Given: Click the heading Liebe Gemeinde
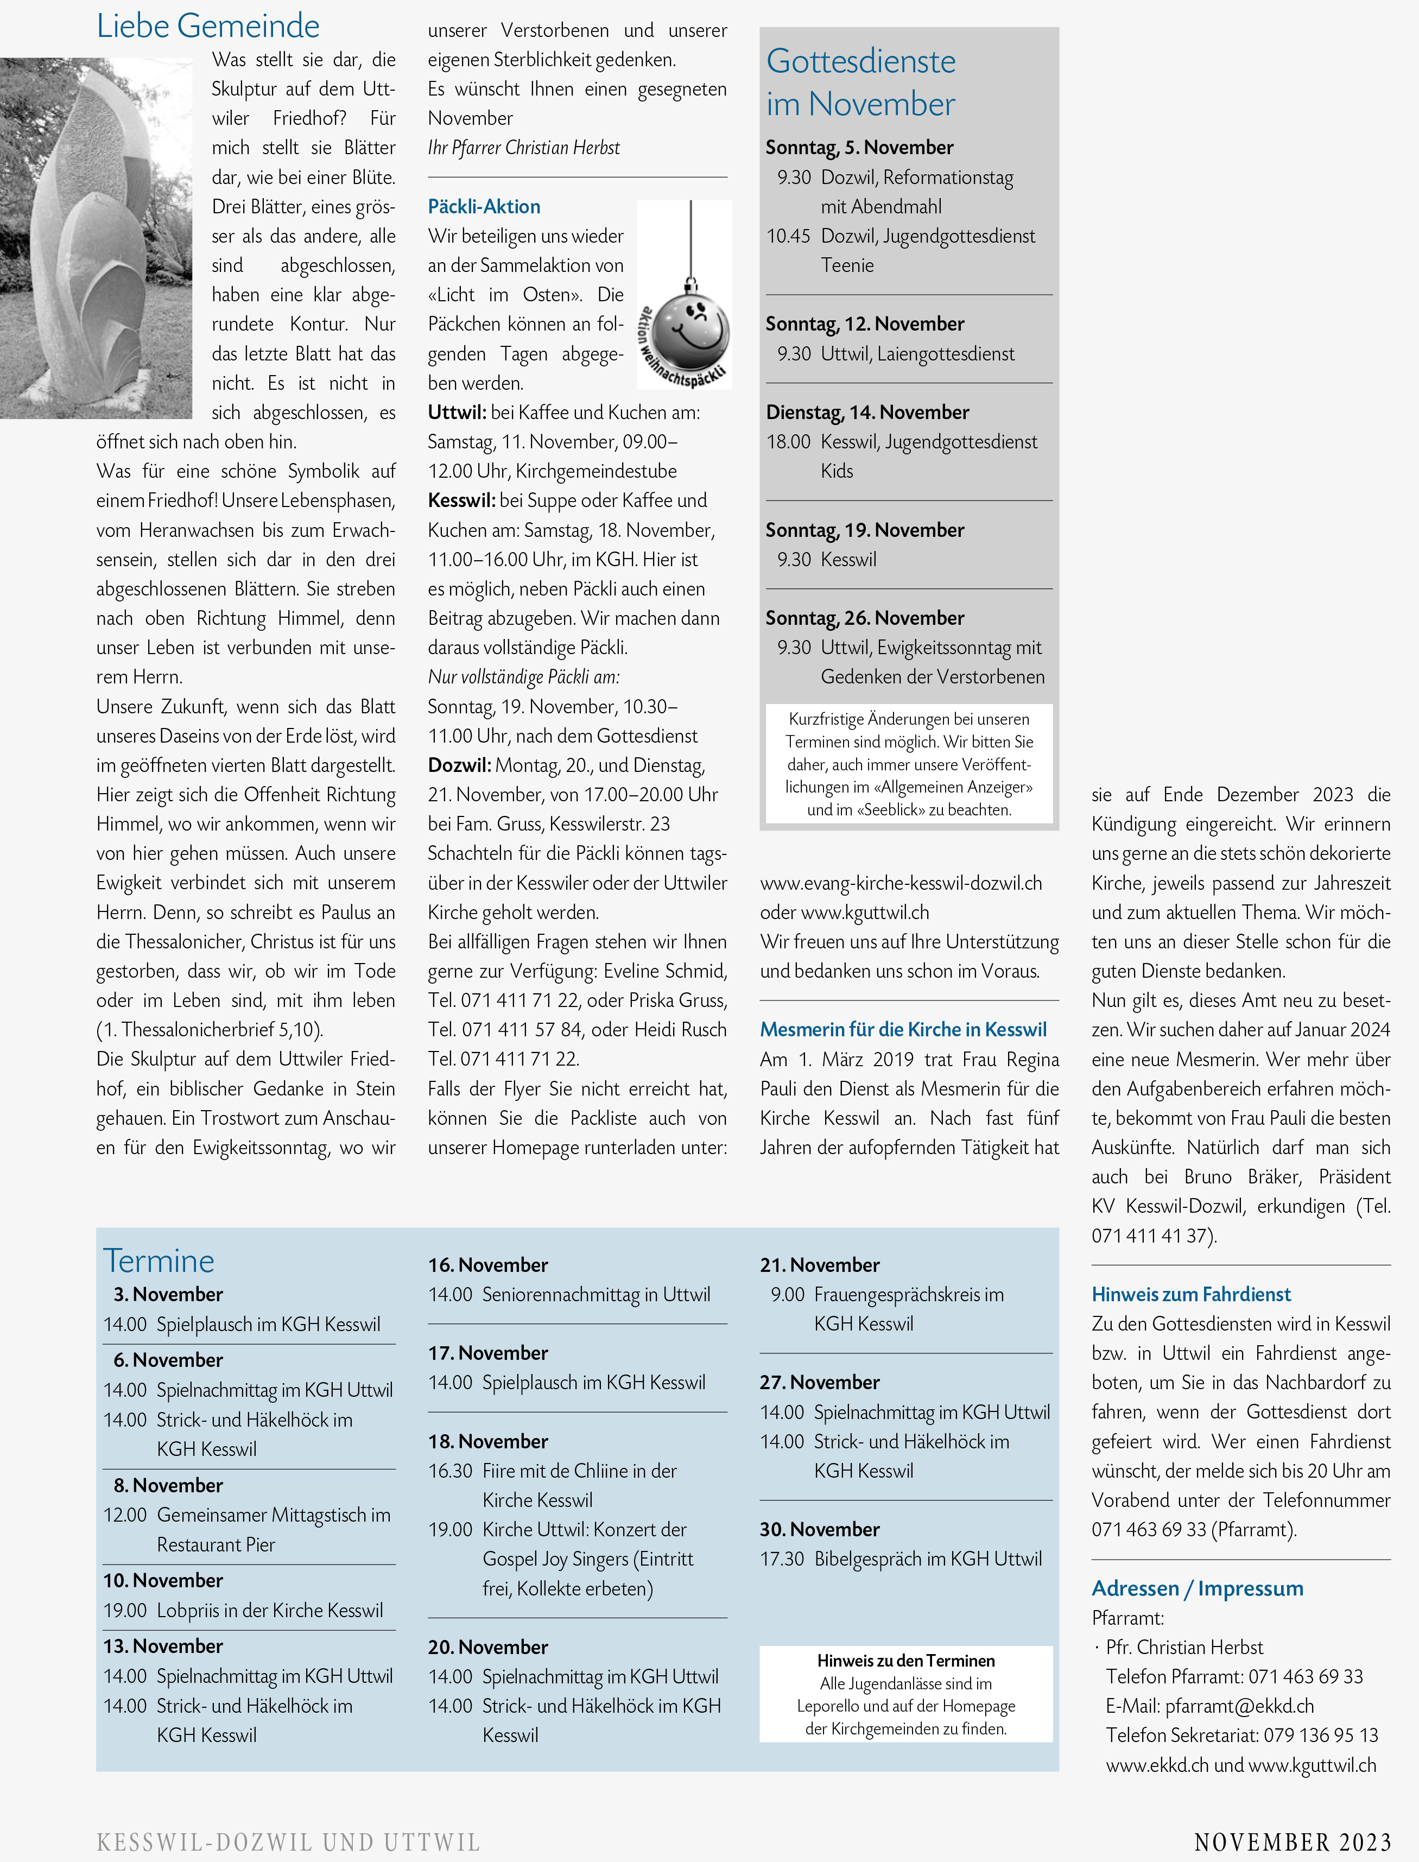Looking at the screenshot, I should point(208,26).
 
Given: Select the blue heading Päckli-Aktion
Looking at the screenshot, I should point(484,207).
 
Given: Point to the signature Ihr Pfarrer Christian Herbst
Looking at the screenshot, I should point(524,148).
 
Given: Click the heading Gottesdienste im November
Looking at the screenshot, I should point(861,82).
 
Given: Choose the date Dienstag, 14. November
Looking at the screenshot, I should point(867,412).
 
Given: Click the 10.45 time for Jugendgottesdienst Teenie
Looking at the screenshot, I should point(788,237).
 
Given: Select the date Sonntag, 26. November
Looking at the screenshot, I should point(865,618).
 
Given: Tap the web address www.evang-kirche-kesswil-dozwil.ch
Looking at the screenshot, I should point(901,883).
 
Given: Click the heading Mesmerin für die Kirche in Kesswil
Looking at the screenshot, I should point(903,1029).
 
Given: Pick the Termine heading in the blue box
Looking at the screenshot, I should point(159,1261).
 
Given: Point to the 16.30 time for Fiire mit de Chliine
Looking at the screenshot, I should point(450,1471).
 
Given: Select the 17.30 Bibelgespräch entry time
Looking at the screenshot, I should point(782,1559).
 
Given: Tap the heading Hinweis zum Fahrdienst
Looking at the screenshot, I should point(1191,1295).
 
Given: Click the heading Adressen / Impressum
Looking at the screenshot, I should point(1197,1588).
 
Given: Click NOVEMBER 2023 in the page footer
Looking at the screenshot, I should point(1293,1842).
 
